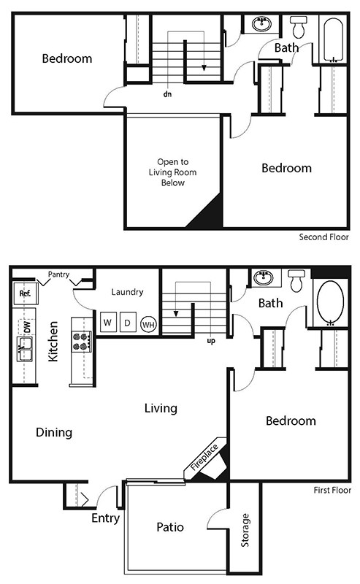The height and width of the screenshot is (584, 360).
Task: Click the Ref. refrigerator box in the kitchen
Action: (x=24, y=295)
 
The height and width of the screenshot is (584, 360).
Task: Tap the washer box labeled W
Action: (x=107, y=322)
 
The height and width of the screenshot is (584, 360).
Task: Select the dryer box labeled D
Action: (x=126, y=322)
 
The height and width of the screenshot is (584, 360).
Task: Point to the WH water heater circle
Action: (x=148, y=324)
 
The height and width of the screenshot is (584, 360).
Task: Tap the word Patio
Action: (x=169, y=526)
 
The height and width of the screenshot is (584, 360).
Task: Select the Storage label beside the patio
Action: (x=245, y=531)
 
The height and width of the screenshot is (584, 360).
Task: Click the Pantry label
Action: (x=58, y=275)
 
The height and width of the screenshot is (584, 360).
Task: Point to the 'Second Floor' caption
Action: (x=324, y=237)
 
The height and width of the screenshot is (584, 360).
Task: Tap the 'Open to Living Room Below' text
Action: (x=172, y=172)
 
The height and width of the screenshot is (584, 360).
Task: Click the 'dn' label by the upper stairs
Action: (x=168, y=93)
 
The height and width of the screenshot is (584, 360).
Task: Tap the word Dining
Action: (x=54, y=432)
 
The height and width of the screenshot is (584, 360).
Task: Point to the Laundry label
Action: (x=128, y=292)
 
